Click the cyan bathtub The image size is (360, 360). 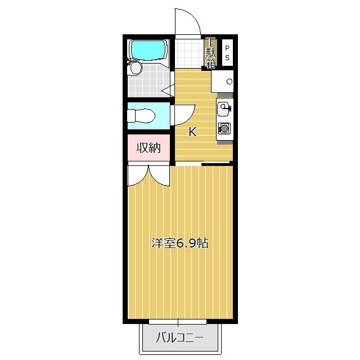(x=148, y=50)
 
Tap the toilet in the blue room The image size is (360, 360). (x=141, y=116)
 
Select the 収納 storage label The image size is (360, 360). (x=148, y=147)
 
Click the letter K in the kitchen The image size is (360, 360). (x=192, y=132)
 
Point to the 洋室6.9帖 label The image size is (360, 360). (x=180, y=243)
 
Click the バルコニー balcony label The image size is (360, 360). (x=180, y=337)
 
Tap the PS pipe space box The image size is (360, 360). (x=227, y=53)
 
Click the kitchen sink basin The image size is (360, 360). (x=223, y=110)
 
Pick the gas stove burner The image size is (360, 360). (x=224, y=128)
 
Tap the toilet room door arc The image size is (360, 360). (x=188, y=118)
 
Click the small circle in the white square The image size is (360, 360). (x=229, y=81)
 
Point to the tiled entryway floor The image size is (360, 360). (x=190, y=53)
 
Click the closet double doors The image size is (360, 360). (x=148, y=174)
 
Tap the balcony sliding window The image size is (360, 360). (x=178, y=322)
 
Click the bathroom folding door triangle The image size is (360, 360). (x=168, y=90)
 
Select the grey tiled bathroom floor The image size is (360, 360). (x=149, y=82)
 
